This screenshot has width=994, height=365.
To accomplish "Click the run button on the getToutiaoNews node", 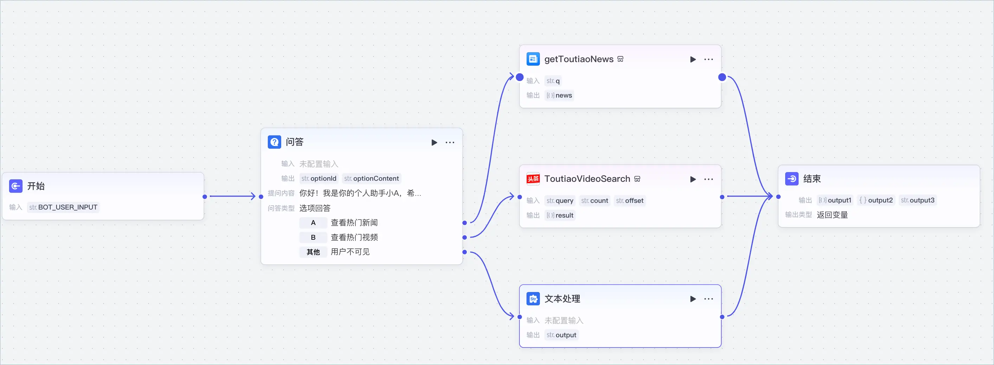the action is tap(693, 59).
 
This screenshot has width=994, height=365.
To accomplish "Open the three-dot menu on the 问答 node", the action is tap(450, 142).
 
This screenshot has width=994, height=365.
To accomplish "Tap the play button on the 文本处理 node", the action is tap(693, 299).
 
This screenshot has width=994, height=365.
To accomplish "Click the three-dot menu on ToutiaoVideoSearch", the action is tap(709, 179).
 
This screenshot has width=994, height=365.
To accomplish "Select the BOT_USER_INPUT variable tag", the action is tap(63, 207).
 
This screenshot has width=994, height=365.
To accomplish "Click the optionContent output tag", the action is tap(372, 178).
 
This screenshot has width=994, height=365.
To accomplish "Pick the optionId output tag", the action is tap(319, 178).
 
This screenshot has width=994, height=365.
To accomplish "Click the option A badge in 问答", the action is tap(313, 223).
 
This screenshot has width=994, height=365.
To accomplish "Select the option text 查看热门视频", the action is tap(354, 237).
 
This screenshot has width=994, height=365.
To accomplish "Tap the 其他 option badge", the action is tap(313, 252).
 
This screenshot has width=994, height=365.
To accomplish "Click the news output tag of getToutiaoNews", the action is tap(560, 95).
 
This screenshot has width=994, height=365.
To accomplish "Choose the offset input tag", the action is tap(630, 201).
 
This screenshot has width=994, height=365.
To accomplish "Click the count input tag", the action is tap(595, 201).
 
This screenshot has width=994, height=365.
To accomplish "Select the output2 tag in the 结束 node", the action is tap(876, 200).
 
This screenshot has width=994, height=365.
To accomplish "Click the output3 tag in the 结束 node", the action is tap(918, 200).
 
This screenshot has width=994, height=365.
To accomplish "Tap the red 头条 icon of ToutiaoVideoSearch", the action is tap(533, 179).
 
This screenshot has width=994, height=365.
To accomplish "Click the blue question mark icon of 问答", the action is tap(275, 142).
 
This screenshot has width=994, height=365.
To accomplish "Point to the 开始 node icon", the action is tap(16, 186).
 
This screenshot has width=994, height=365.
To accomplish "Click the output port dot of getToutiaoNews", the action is tap(722, 78).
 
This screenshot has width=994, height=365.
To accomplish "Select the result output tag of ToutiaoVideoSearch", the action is tap(560, 215).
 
